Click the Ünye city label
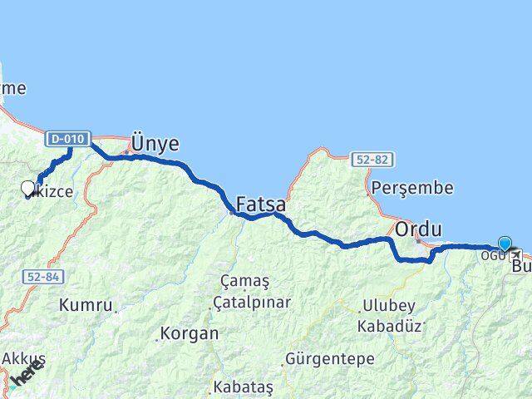[155, 143]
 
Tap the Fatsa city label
[261, 204]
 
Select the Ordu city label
[417, 228]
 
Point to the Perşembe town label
[413, 188]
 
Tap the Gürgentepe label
[329, 359]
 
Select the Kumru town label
[86, 305]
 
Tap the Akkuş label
[23, 358]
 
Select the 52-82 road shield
[370, 159]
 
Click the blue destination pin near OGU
[505, 244]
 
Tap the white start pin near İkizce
[28, 189]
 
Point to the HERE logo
[25, 373]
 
